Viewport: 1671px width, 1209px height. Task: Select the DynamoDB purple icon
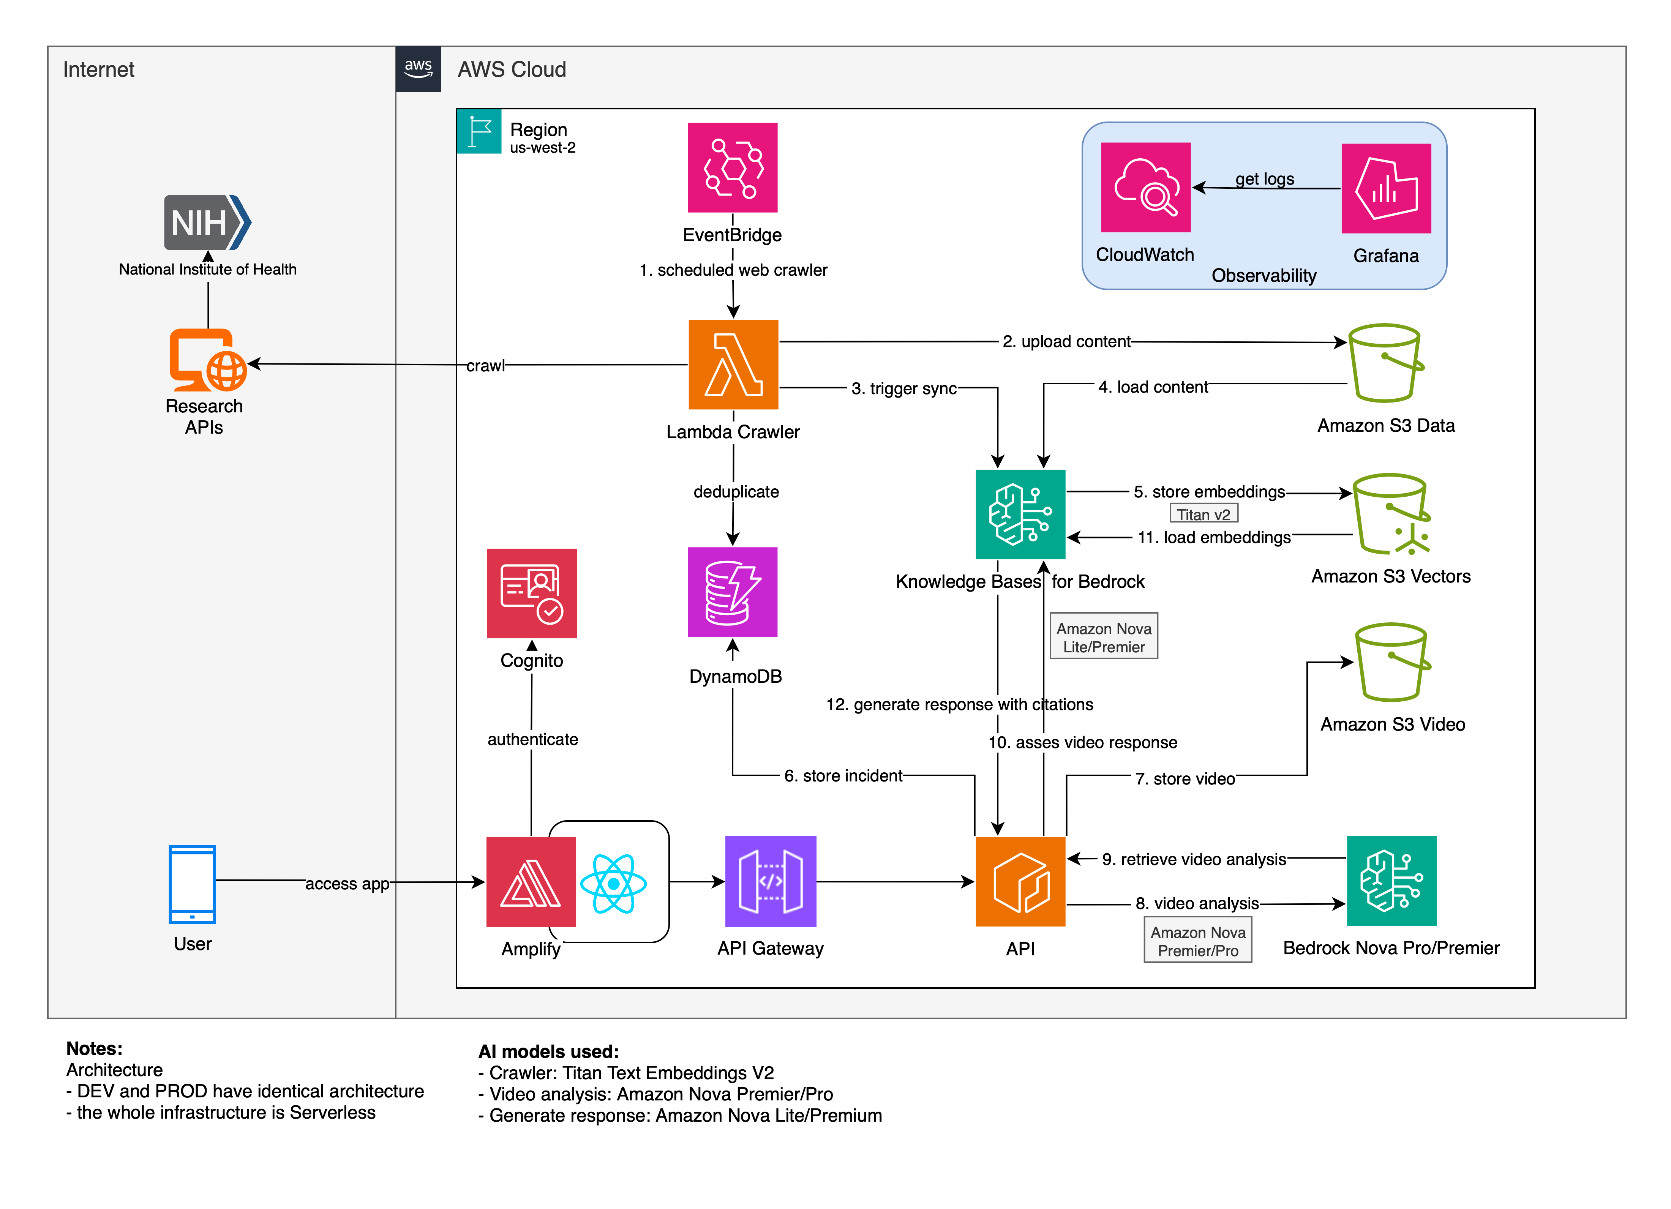pyautogui.click(x=732, y=592)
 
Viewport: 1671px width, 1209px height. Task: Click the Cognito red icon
pyautogui.click(x=531, y=593)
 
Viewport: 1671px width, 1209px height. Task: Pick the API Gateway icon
pyautogui.click(x=771, y=881)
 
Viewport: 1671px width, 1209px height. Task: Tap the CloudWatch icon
pyautogui.click(x=1145, y=187)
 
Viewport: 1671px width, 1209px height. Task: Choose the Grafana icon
pyautogui.click(x=1386, y=189)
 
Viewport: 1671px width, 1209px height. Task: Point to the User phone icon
pyautogui.click(x=192, y=884)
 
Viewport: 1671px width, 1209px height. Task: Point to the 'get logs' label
pyautogui.click(x=1264, y=179)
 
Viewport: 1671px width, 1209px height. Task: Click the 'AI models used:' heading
pyautogui.click(x=548, y=1051)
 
